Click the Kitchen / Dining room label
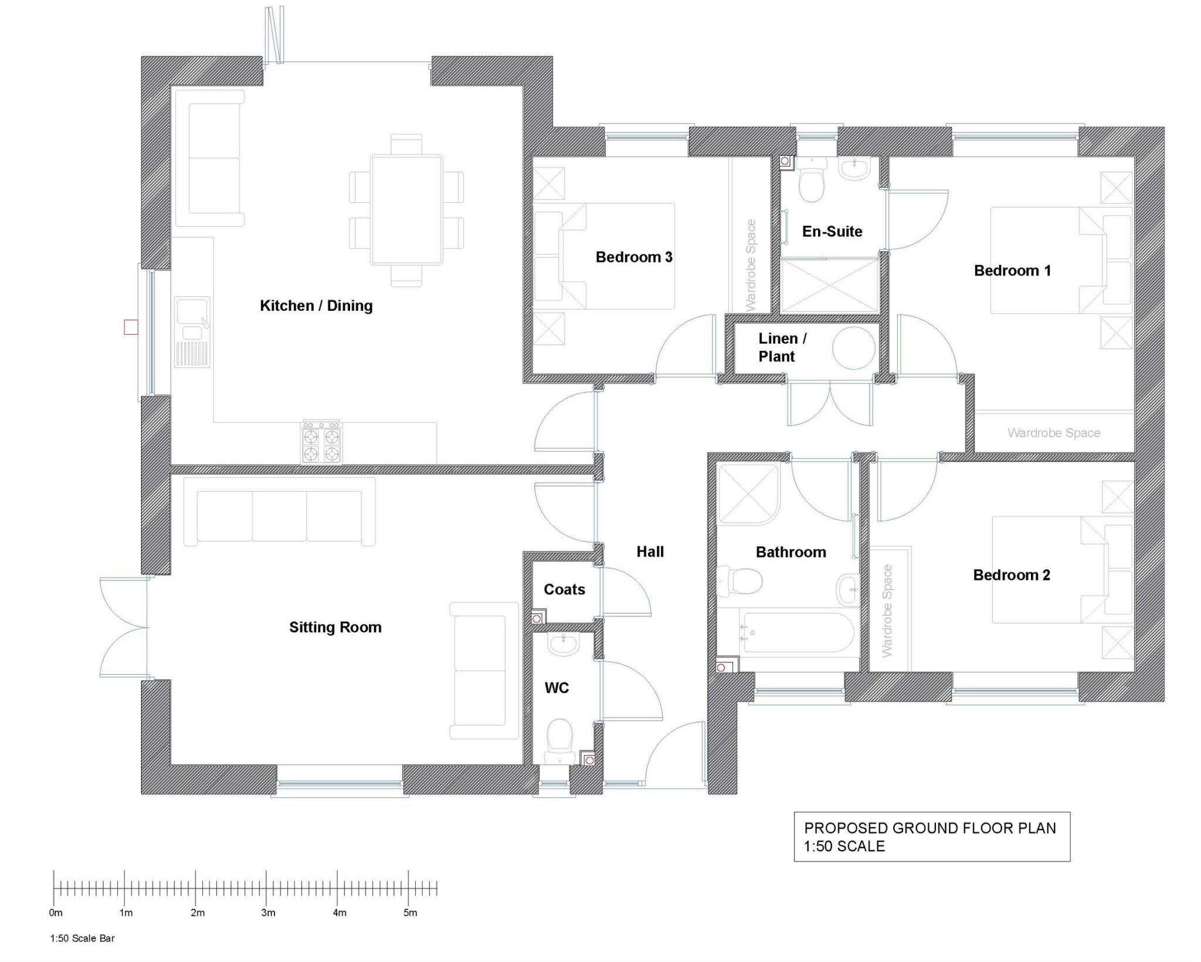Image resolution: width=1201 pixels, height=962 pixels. click(x=316, y=305)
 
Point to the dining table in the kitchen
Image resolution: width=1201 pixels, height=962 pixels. click(x=406, y=209)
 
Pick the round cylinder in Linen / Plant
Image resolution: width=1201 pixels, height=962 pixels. click(x=853, y=348)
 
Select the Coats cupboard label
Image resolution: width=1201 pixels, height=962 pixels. click(x=564, y=589)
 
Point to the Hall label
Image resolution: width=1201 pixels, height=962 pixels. click(x=650, y=551)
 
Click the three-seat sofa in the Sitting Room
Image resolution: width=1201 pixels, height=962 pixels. click(x=279, y=514)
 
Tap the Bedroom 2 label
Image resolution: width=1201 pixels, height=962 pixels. click(x=1011, y=575)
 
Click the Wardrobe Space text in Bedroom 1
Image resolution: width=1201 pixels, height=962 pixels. click(x=1053, y=433)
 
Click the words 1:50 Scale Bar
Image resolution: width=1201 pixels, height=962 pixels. click(x=82, y=938)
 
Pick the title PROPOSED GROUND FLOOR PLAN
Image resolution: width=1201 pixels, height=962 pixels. click(x=929, y=828)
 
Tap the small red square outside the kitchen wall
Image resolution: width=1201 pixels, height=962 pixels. click(x=131, y=327)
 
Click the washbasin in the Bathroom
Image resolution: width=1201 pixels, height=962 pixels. click(x=847, y=589)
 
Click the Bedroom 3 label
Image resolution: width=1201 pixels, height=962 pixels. click(x=633, y=257)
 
